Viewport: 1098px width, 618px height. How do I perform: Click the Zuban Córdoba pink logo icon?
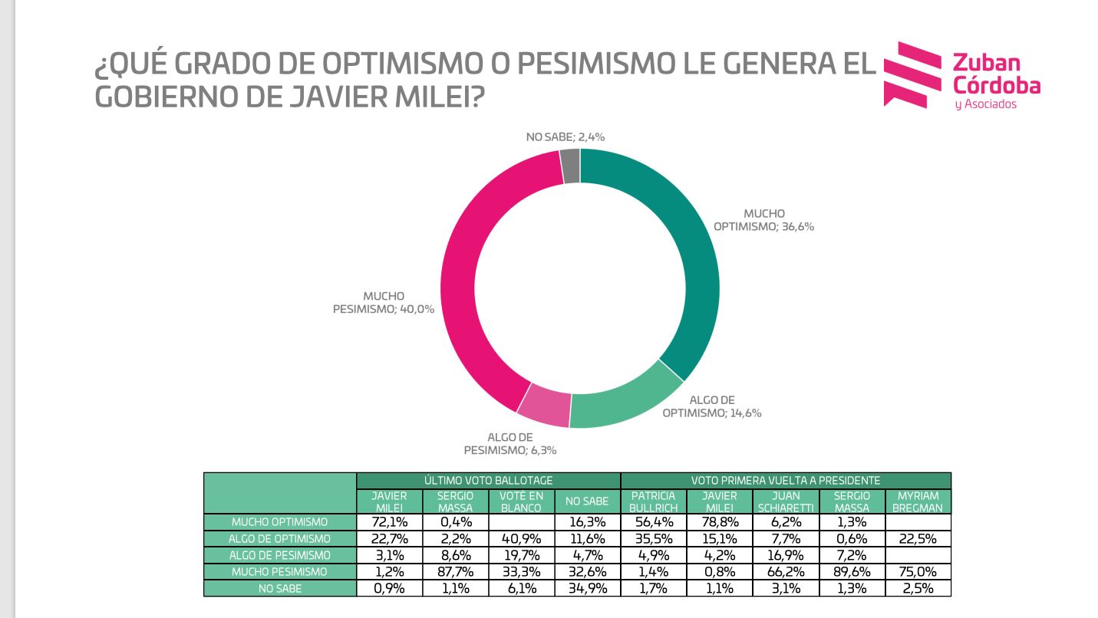[x=913, y=74]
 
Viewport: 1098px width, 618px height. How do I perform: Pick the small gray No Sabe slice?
[x=570, y=166]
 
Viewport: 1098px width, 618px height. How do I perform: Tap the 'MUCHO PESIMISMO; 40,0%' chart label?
[x=384, y=303]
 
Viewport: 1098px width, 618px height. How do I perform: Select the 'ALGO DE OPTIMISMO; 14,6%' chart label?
[x=712, y=406]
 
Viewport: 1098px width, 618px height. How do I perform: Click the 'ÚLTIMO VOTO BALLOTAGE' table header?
[x=488, y=480]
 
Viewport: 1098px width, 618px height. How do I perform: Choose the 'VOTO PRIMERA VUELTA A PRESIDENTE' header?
[x=785, y=480]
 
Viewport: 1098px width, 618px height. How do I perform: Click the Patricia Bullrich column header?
[x=653, y=501]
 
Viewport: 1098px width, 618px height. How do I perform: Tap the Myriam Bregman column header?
[x=918, y=501]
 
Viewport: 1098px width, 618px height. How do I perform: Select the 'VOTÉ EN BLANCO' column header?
[x=521, y=501]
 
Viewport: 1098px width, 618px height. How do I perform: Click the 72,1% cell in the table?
[x=389, y=522]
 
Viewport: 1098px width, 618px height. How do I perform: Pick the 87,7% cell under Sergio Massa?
[x=455, y=572]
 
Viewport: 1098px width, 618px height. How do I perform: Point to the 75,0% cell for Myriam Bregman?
[x=918, y=572]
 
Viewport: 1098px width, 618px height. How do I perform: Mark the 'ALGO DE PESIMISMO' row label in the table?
[x=280, y=555]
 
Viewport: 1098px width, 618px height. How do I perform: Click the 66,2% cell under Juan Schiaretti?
[x=786, y=572]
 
